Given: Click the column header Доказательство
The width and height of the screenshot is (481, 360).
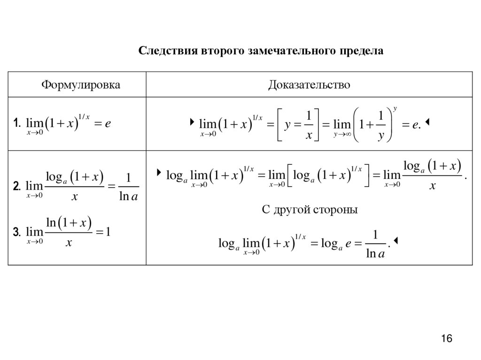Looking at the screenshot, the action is [x=309, y=85].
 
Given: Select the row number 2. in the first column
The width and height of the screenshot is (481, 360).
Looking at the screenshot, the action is [x=17, y=186].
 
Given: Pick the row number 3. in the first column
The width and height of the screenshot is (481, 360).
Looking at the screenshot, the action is [x=17, y=232].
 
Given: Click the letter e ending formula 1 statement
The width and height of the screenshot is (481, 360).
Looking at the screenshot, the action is [x=108, y=123].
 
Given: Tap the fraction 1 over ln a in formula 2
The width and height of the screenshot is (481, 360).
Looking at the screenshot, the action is [x=128, y=187].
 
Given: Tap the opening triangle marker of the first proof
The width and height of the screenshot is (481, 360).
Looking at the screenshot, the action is [x=192, y=123].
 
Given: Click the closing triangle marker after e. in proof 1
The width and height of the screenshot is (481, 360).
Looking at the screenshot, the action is [x=429, y=123].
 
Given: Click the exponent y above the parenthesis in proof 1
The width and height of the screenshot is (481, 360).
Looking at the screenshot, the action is [x=396, y=109].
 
